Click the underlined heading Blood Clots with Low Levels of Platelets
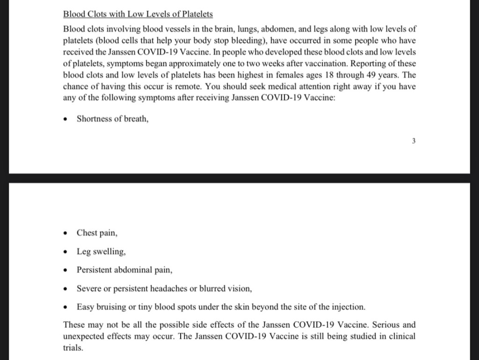[x=138, y=15]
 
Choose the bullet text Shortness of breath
[x=112, y=119]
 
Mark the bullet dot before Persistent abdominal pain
[x=66, y=271]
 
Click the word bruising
[x=110, y=307]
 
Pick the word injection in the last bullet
[x=347, y=307]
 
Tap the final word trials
[x=73, y=348]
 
